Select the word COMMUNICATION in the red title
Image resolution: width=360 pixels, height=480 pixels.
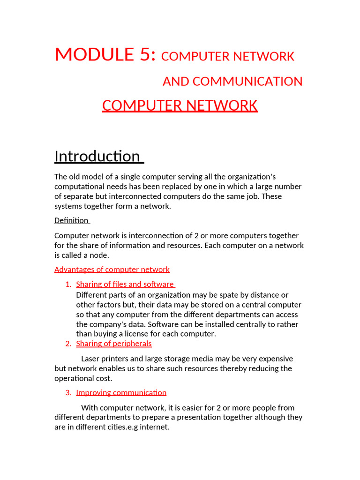[247, 82]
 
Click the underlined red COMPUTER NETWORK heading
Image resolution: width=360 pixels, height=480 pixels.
[180, 106]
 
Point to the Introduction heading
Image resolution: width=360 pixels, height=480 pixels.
[97, 156]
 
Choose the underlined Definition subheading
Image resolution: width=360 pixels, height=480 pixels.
[71, 220]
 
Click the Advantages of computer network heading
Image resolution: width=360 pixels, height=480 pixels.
[112, 270]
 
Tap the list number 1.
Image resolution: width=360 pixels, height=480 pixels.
[67, 285]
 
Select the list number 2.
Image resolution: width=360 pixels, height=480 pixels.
[67, 344]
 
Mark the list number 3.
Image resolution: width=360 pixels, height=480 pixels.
[67, 393]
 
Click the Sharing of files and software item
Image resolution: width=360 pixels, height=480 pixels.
[125, 285]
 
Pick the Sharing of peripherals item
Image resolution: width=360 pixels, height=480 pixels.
[114, 344]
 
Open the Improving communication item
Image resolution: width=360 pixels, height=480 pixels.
[121, 393]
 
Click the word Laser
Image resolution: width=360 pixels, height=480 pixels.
[91, 359]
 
